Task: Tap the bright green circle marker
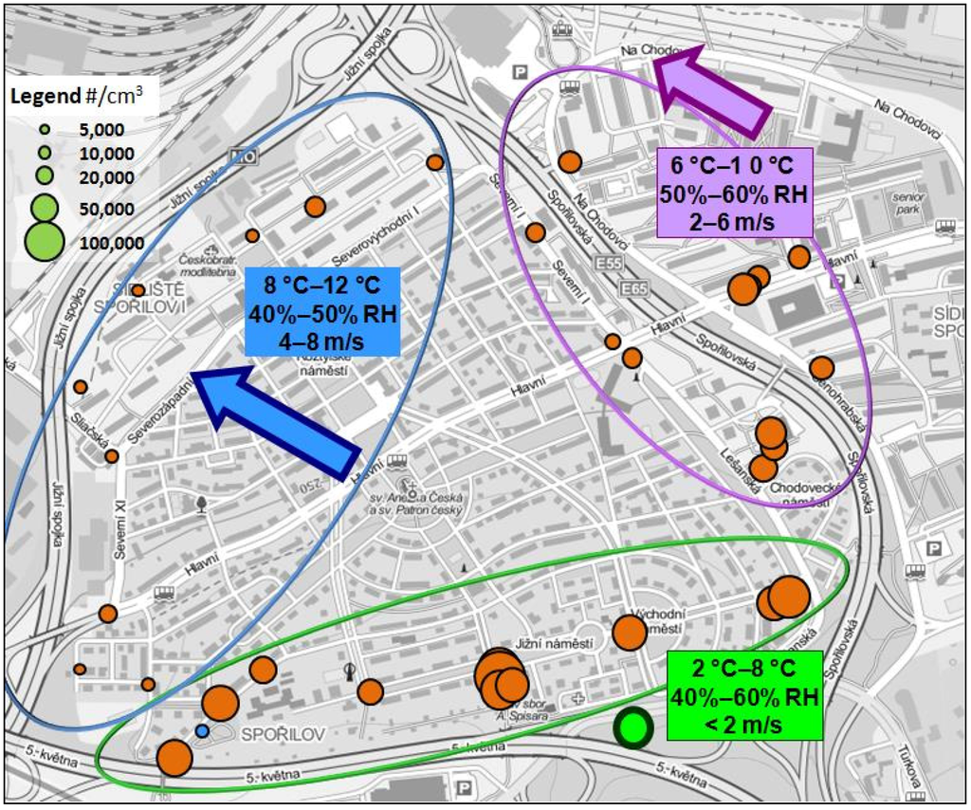click(632, 728)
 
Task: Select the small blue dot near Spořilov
click(201, 731)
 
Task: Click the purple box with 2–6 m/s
click(734, 193)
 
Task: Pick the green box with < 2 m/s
click(743, 696)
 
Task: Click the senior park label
click(907, 202)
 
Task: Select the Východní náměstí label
click(655, 621)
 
